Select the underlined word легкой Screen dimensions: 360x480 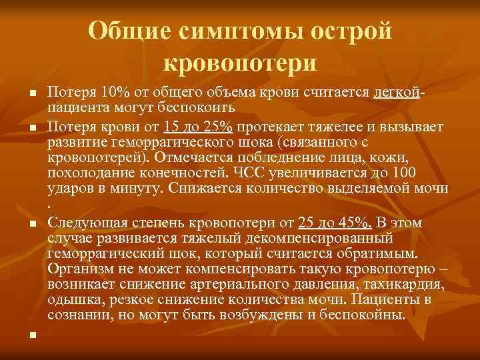(398, 91)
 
